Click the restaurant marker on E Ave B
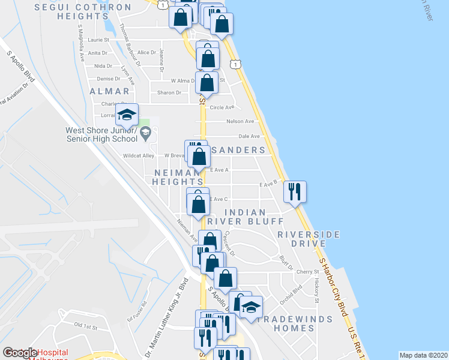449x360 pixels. pyautogui.click(x=295, y=192)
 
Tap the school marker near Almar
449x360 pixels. pyautogui.click(x=127, y=115)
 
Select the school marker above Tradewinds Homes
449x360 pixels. pyautogui.click(x=252, y=307)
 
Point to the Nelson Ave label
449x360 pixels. pyautogui.click(x=240, y=121)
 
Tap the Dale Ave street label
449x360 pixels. pyautogui.click(x=249, y=136)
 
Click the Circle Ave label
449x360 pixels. pyautogui.click(x=221, y=107)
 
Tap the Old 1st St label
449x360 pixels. pyautogui.click(x=85, y=325)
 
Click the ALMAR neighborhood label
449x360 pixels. pyautogui.click(x=109, y=91)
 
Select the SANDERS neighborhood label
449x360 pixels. pyautogui.click(x=237, y=149)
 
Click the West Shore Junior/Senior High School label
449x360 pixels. pyautogui.click(x=102, y=134)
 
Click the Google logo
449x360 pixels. pyautogui.click(x=19, y=353)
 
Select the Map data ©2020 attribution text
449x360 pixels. pyautogui.click(x=423, y=355)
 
